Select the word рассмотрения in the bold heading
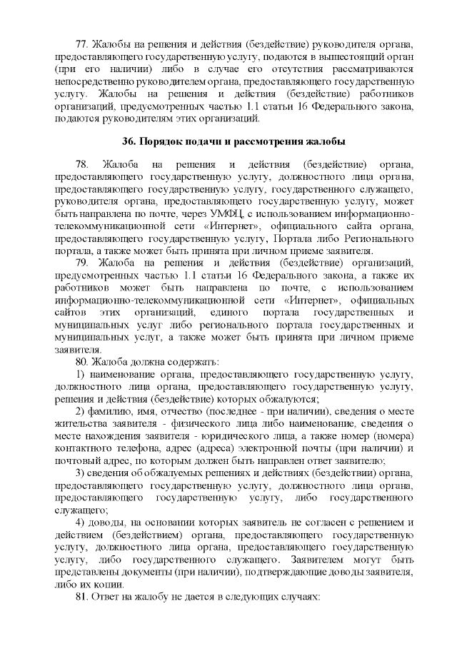click(x=272, y=139)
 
